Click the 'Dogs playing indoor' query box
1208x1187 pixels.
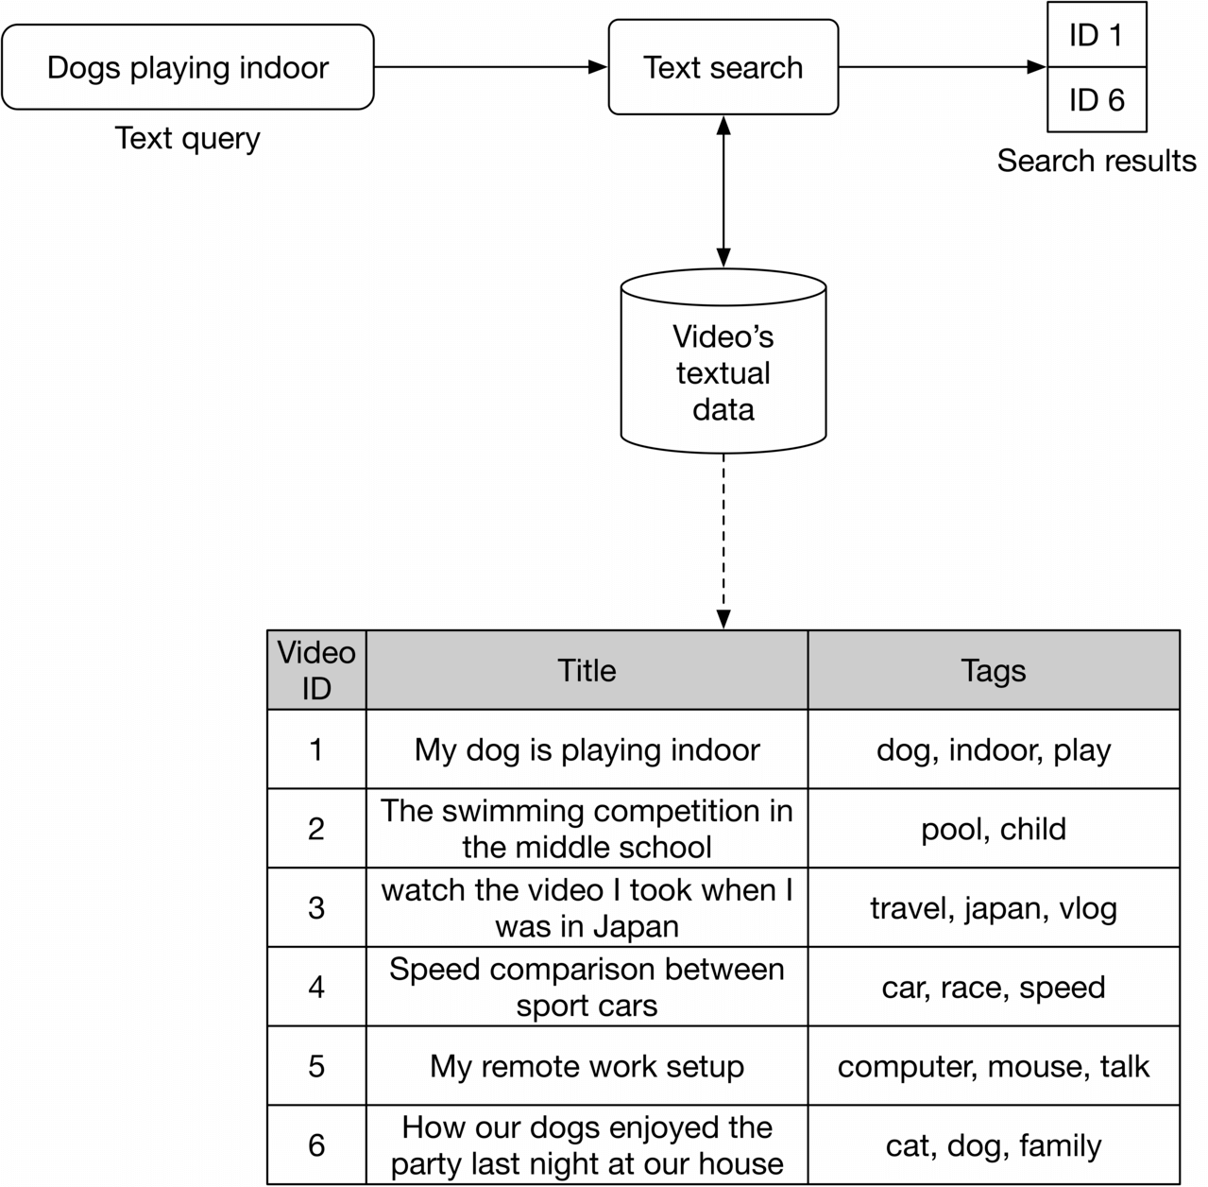point(187,68)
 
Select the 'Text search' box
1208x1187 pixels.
point(723,68)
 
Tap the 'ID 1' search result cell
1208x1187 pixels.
point(1096,36)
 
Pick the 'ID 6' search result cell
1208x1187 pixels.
point(1096,99)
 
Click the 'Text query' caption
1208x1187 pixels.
point(187,138)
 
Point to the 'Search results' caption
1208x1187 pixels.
point(1096,161)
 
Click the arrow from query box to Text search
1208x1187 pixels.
point(490,67)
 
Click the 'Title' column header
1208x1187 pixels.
point(587,670)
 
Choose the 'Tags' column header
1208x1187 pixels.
point(993,670)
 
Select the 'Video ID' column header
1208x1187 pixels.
point(316,670)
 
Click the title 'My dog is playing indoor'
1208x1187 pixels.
point(587,749)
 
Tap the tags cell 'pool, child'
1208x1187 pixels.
point(993,829)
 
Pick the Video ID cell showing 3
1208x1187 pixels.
point(316,907)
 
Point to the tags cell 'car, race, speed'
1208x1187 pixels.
point(993,987)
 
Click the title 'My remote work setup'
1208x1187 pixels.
point(587,1066)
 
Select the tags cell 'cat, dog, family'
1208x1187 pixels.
point(993,1145)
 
